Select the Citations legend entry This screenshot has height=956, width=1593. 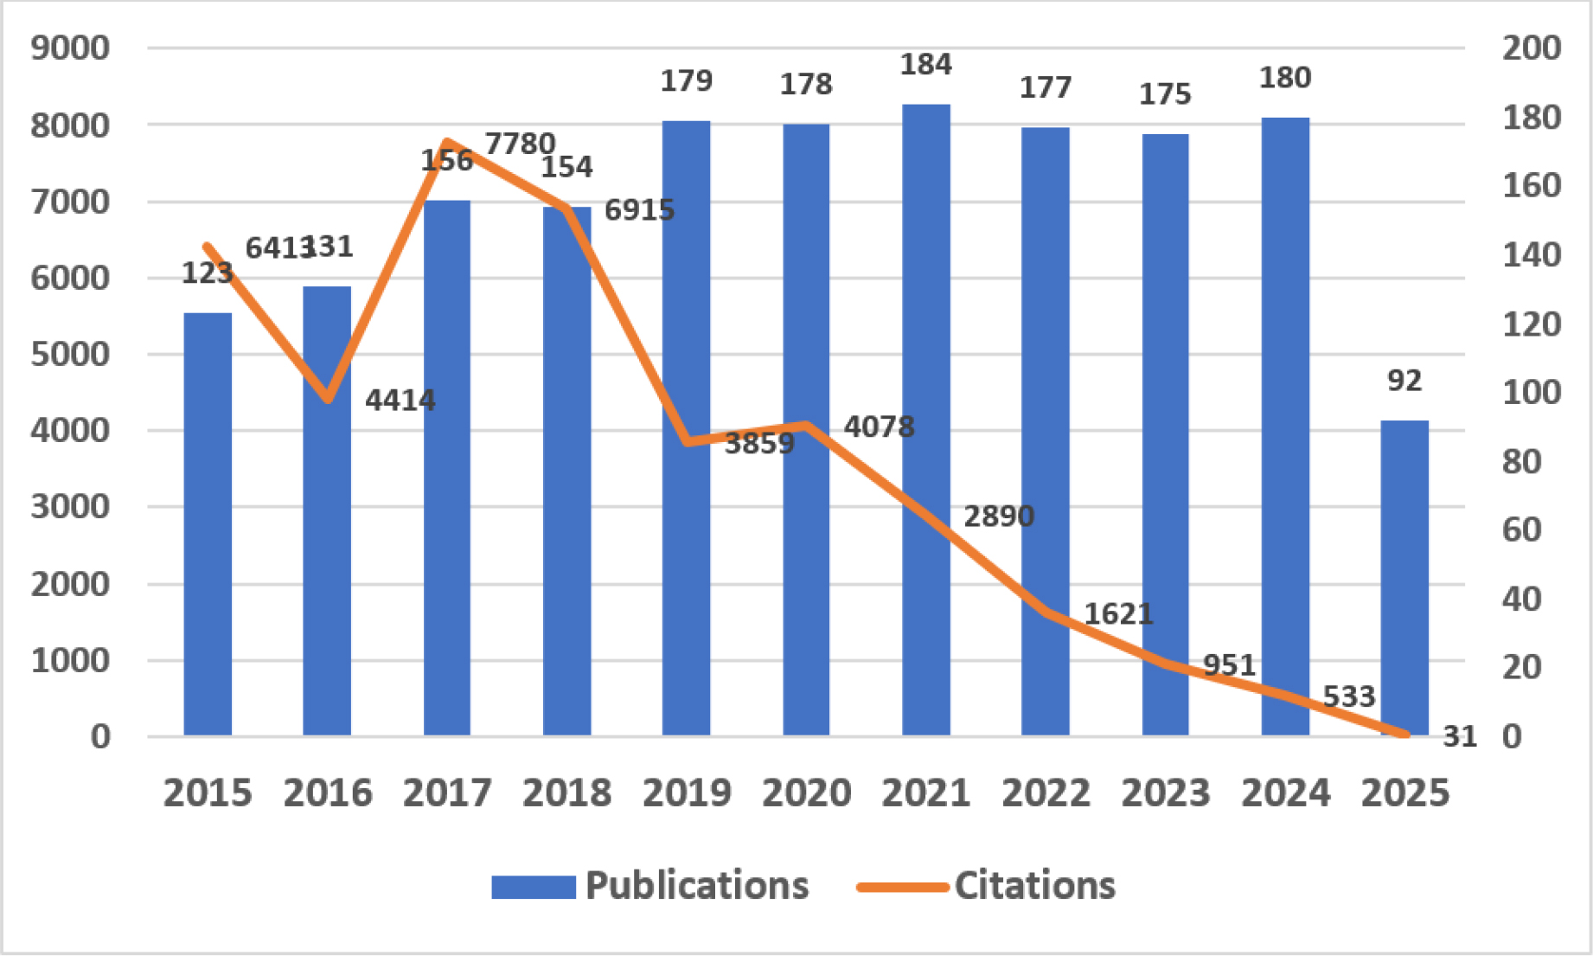(x=987, y=886)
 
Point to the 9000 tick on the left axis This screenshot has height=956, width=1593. (x=71, y=48)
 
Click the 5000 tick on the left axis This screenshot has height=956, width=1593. (x=71, y=354)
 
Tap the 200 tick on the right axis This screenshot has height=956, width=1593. (x=1531, y=48)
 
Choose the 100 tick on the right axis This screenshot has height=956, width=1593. (x=1531, y=393)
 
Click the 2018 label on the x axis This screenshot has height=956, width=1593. (x=566, y=792)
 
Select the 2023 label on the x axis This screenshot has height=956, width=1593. (x=1165, y=792)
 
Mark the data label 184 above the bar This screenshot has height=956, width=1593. (x=925, y=65)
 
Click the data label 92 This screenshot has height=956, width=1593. (x=1404, y=381)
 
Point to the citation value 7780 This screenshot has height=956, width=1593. (x=520, y=144)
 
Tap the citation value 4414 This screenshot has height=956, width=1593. (x=400, y=401)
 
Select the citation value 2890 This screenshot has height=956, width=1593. (x=999, y=516)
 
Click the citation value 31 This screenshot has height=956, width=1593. (x=1460, y=736)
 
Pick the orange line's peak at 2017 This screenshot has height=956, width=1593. (x=446, y=142)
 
